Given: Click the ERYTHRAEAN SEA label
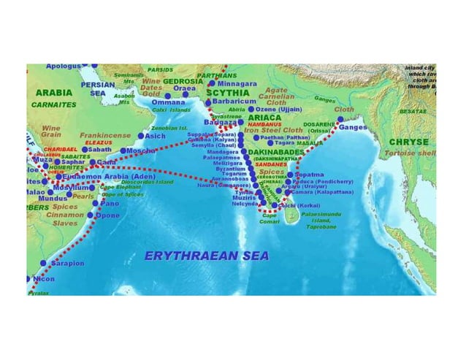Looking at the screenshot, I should (x=207, y=256).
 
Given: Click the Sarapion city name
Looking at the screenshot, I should (x=66, y=263).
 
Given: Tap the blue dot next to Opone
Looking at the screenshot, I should (x=97, y=216).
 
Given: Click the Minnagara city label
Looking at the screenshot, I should (x=237, y=84).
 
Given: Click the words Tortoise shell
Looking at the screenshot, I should (x=411, y=153).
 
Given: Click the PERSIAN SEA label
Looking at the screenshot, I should (x=97, y=88).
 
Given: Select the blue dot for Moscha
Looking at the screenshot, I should (x=123, y=151).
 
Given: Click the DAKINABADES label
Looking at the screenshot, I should (x=275, y=152).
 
